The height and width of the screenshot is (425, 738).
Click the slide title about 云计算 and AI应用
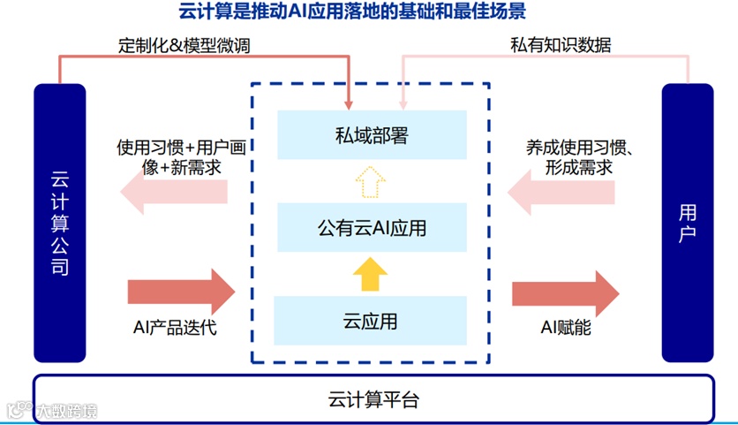pos(370,12)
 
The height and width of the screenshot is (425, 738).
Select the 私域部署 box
pos(371,136)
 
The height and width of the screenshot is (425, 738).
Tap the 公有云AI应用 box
pos(371,228)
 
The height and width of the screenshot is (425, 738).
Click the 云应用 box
pos(371,321)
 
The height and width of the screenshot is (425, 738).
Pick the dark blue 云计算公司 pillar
pos(60,223)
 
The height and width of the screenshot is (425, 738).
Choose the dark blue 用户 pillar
pos(688,223)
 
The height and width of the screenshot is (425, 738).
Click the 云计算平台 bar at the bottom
pos(372,398)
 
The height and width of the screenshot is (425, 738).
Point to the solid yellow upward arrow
pos(371,273)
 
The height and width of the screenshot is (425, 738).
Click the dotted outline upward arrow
pos(371,183)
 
